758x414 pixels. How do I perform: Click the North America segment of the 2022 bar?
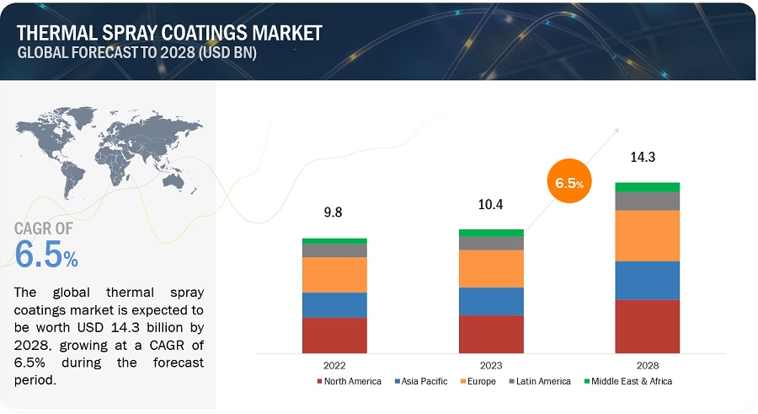(x=334, y=335)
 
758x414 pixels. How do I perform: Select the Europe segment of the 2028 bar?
(x=647, y=235)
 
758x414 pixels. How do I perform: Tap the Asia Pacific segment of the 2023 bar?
(x=491, y=301)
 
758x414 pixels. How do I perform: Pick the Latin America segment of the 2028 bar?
(x=647, y=201)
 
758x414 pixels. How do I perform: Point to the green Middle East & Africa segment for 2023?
(x=491, y=233)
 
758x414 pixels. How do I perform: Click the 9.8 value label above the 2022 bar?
(x=334, y=214)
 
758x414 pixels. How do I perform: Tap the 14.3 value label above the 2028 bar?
(x=647, y=157)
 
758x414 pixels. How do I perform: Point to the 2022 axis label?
(x=334, y=365)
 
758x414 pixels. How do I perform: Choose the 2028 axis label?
(x=647, y=365)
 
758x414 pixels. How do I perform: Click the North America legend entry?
(x=349, y=381)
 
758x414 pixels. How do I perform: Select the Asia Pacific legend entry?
(x=421, y=381)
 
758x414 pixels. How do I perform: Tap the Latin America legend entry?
(x=540, y=381)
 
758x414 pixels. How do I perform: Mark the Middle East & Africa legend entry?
(x=627, y=381)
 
